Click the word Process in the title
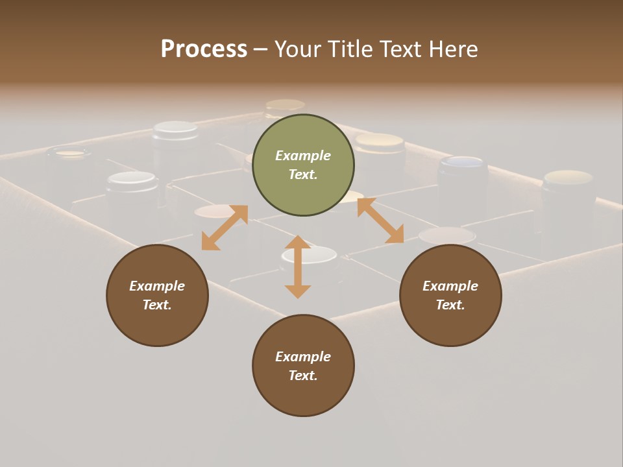click(x=204, y=49)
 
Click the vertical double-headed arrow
click(x=298, y=267)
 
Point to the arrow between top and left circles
click(x=225, y=228)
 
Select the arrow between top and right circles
click(x=380, y=221)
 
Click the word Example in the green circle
click(x=303, y=156)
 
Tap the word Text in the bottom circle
click(x=302, y=376)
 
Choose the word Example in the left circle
click(x=157, y=286)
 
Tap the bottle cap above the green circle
click(x=285, y=105)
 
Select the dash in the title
click(x=261, y=49)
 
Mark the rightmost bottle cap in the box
click(x=568, y=178)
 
